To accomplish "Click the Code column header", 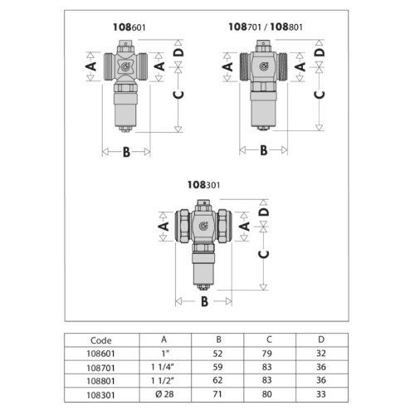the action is click(x=101, y=340).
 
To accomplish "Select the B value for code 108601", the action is click(x=217, y=354).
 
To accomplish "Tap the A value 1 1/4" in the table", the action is click(x=163, y=367).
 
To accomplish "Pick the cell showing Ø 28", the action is click(x=164, y=394).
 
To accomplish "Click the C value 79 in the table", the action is click(x=266, y=354).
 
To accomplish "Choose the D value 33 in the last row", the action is click(x=321, y=394).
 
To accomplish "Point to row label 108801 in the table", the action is click(x=100, y=381).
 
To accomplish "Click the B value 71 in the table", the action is click(x=217, y=394).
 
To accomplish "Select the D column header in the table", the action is click(x=321, y=339).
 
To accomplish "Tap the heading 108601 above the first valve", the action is click(x=129, y=27).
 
